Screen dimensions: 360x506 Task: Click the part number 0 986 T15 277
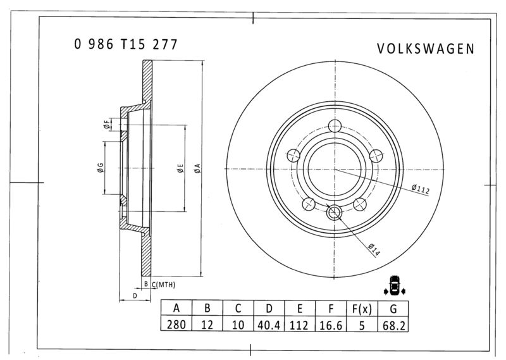point(125,44)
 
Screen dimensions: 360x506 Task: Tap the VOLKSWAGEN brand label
point(425,49)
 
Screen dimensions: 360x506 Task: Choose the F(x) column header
point(362,309)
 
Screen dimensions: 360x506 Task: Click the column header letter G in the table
point(393,309)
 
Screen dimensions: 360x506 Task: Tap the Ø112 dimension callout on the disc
point(420,188)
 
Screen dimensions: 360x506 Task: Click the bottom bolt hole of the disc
point(335,213)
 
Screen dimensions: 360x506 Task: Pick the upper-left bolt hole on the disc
point(293,155)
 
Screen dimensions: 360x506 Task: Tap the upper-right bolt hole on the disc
point(376,154)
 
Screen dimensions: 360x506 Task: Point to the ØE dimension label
point(180,168)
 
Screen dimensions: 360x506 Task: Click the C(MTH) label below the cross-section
point(163,285)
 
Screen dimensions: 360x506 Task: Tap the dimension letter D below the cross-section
point(134,295)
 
